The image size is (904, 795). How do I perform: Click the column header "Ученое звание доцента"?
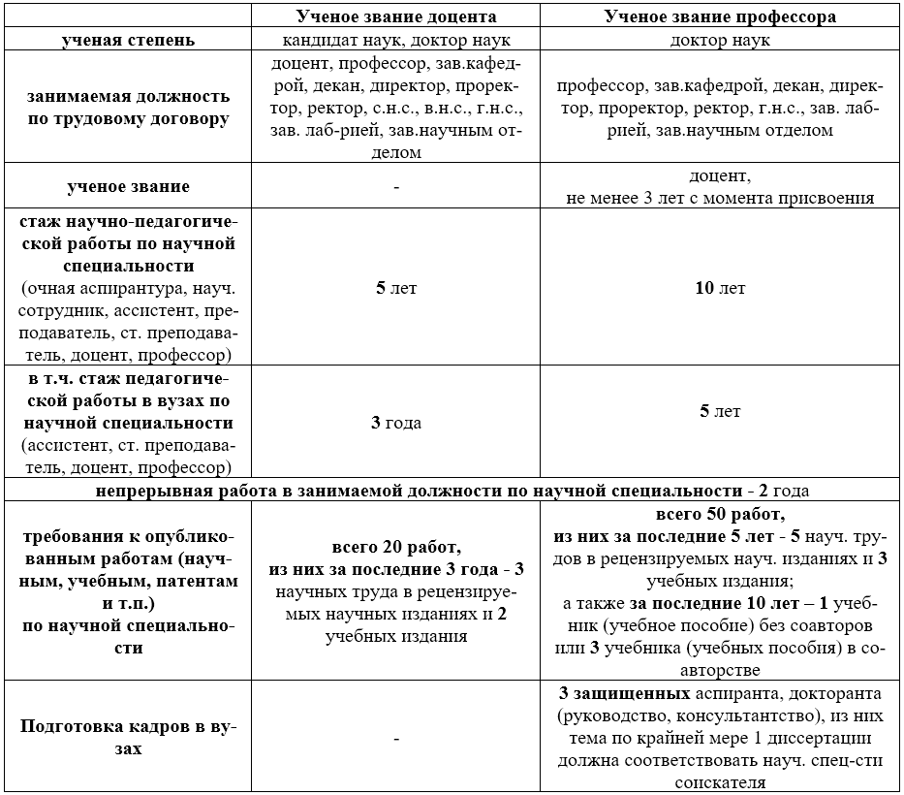[x=396, y=16]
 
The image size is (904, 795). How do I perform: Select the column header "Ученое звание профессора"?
[x=720, y=16]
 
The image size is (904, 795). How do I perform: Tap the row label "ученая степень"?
[x=128, y=41]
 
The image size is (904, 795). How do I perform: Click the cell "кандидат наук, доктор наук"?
[x=396, y=41]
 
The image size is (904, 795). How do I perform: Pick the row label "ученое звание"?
[x=128, y=186]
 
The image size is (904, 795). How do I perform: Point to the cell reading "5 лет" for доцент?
[x=396, y=289]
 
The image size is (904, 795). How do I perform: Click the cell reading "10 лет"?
[x=720, y=289]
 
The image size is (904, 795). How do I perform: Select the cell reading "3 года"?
[x=396, y=423]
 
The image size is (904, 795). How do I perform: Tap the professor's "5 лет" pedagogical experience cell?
[x=720, y=411]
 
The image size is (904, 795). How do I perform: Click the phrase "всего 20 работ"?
[x=396, y=548]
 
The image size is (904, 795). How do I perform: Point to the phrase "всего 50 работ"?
[x=720, y=514]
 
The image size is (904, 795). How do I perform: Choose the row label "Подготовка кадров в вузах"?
[x=128, y=738]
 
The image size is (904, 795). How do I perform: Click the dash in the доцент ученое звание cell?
[x=396, y=186]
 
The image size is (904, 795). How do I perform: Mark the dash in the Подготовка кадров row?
[x=396, y=739]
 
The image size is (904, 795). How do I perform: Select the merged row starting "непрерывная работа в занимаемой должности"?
[x=451, y=490]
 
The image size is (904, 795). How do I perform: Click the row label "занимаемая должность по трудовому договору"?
[x=128, y=108]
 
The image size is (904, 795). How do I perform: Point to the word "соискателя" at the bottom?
[x=720, y=782]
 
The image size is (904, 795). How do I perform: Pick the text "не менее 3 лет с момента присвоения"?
[x=720, y=198]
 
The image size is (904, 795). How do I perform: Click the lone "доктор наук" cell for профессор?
[x=720, y=41]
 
